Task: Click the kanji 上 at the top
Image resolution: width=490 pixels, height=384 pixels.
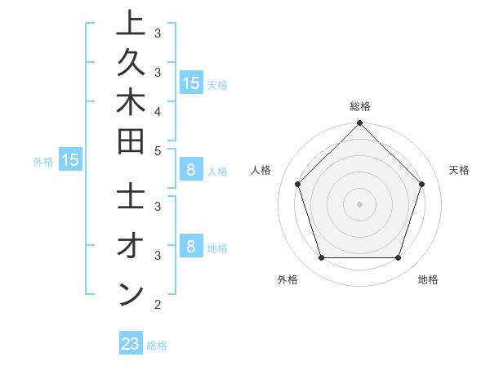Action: [130, 25]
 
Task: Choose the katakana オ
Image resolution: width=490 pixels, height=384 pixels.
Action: [130, 246]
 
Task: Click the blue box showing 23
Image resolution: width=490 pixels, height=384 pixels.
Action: [130, 344]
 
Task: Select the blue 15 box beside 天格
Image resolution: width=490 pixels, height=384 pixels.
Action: [190, 83]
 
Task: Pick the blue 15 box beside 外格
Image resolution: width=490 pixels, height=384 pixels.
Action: [70, 160]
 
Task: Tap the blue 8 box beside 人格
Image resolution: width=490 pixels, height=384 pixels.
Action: [190, 171]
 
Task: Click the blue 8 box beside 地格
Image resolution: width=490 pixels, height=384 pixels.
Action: [190, 246]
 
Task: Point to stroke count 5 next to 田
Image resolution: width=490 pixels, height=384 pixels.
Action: [158, 150]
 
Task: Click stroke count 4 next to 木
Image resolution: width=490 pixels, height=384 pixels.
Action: [158, 111]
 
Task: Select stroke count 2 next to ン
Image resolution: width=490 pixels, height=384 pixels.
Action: [158, 306]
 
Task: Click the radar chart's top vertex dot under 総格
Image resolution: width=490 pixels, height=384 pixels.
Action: [359, 124]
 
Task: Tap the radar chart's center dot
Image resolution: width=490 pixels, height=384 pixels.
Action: [359, 204]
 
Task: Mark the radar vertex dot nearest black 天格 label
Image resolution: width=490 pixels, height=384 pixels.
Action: [422, 184]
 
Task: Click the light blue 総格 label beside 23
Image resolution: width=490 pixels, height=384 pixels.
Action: [157, 346]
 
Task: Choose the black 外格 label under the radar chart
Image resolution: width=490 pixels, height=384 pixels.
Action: [287, 279]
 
